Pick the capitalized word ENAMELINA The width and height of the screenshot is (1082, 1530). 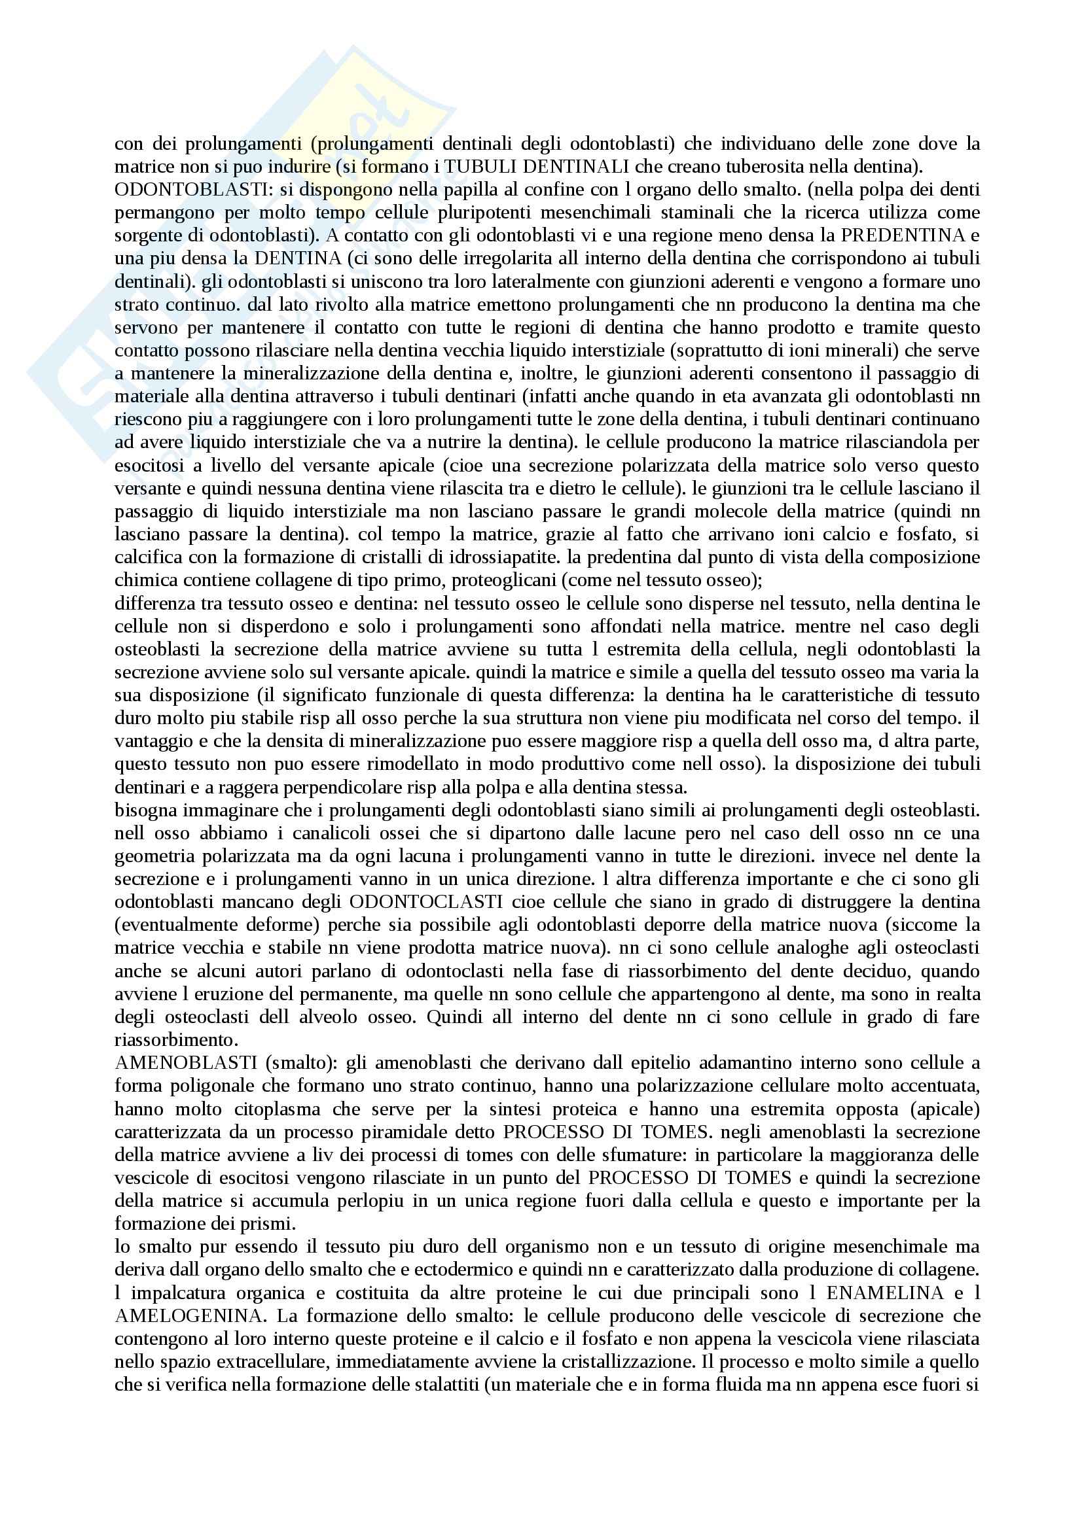coord(885,1293)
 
